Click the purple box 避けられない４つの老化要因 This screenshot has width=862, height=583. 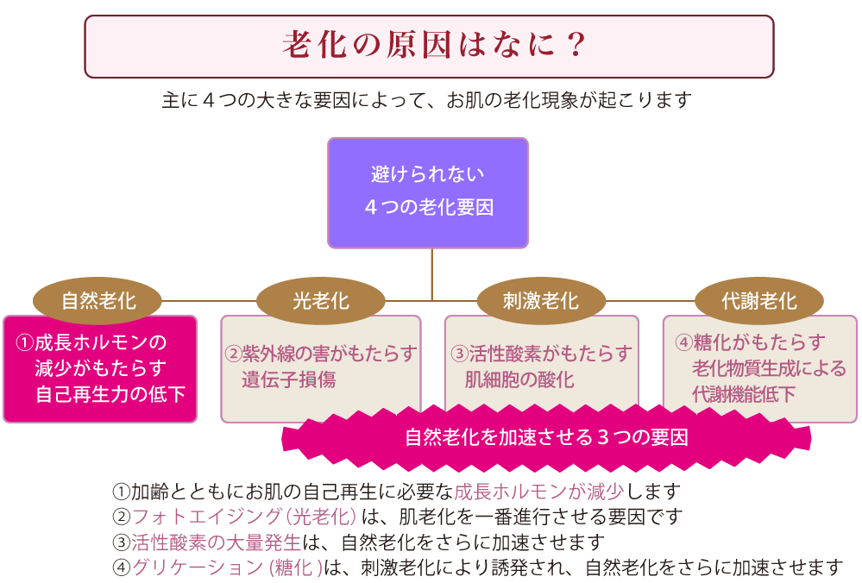(x=428, y=193)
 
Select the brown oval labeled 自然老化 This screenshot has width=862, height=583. (x=98, y=301)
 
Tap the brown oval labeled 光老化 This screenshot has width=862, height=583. (x=320, y=301)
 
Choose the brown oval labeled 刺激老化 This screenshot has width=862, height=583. (x=541, y=301)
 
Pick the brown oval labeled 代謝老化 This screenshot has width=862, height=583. (x=759, y=301)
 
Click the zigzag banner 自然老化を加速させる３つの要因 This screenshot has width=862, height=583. (x=546, y=438)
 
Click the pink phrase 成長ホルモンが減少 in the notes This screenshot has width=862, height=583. (x=538, y=492)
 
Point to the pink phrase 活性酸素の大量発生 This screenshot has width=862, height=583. (x=216, y=542)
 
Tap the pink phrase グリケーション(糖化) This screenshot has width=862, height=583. (x=226, y=567)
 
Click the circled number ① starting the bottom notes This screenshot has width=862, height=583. (x=121, y=492)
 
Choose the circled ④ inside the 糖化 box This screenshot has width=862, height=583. (x=684, y=342)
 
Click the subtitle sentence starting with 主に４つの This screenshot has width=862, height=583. (x=426, y=100)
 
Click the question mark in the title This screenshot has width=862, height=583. (x=576, y=45)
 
